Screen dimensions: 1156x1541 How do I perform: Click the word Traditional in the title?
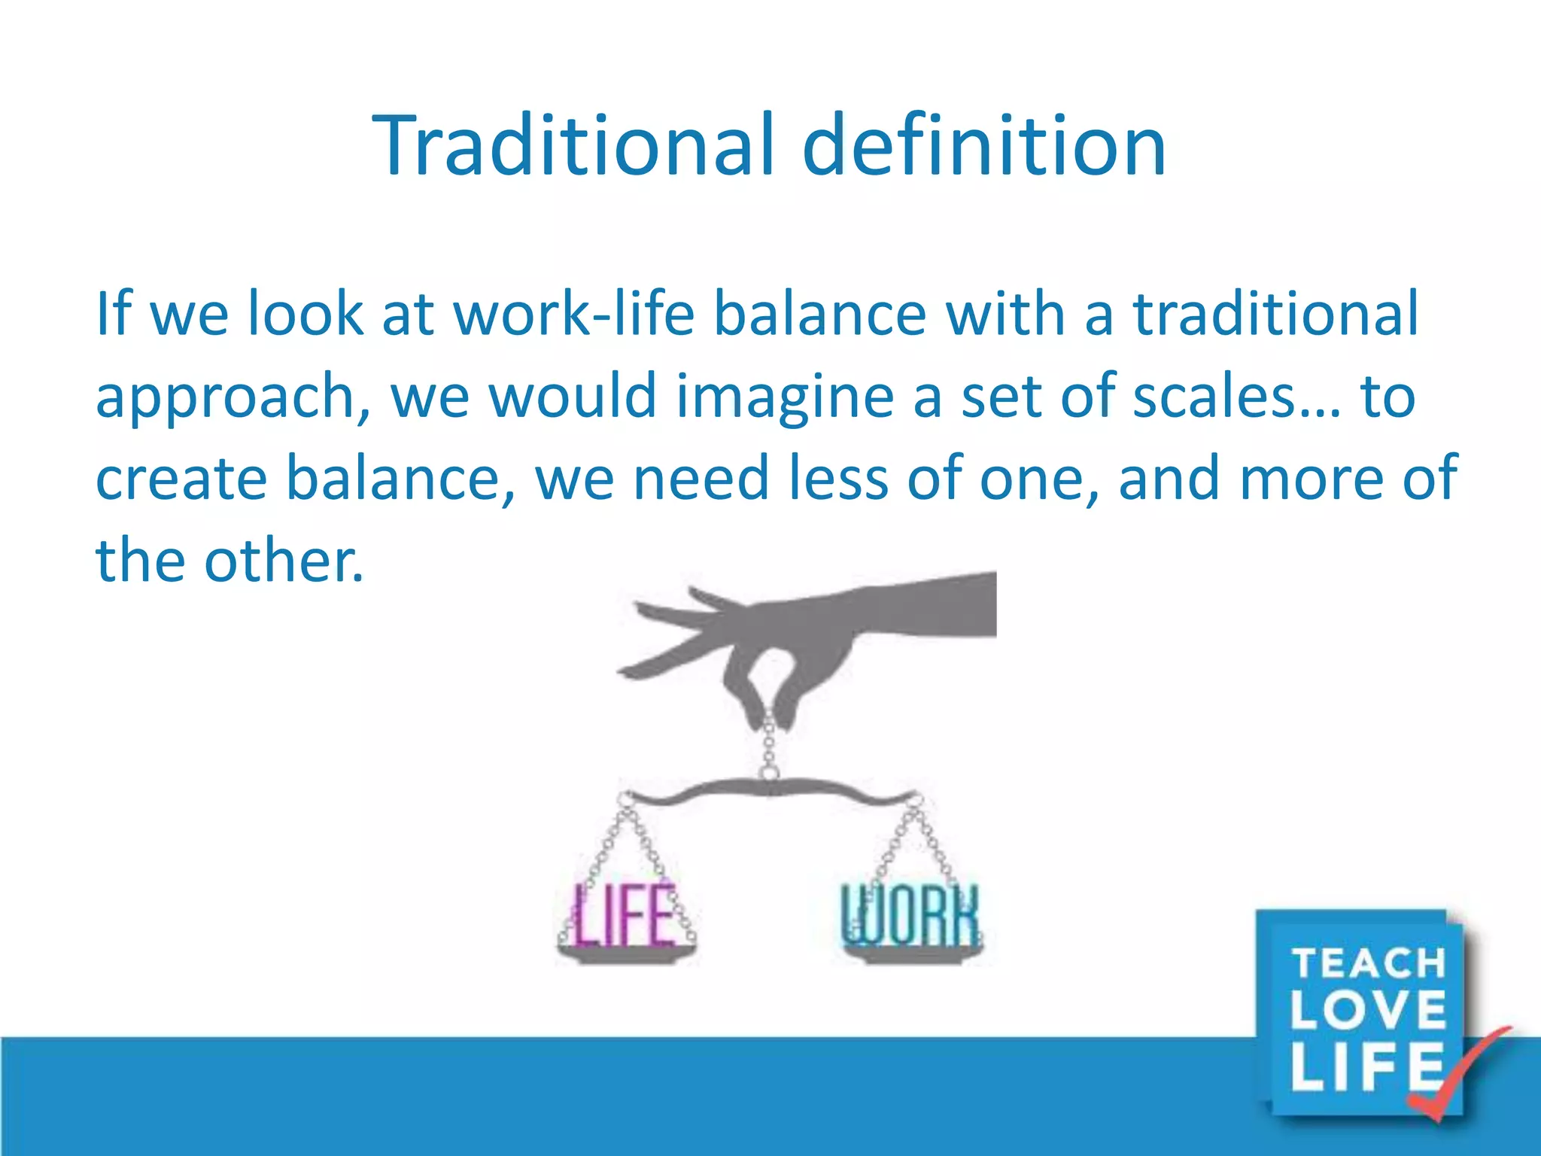click(573, 144)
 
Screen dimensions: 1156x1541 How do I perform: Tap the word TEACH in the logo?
click(1369, 964)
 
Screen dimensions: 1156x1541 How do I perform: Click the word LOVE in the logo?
click(1369, 1010)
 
